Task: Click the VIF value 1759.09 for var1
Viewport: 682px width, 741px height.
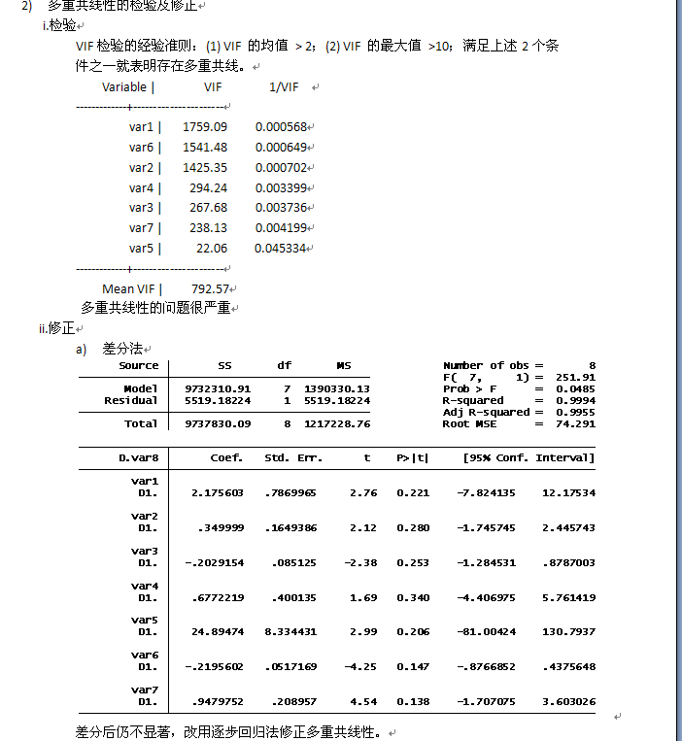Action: [x=204, y=127]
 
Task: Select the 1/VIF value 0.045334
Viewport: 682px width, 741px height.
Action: [x=281, y=249]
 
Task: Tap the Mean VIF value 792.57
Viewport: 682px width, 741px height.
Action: [x=210, y=288]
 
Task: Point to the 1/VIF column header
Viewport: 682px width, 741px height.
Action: [x=284, y=87]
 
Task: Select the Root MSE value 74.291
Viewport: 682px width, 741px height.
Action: [x=576, y=423]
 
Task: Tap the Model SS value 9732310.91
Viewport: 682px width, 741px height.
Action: [x=218, y=388]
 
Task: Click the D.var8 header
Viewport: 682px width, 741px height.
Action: [x=139, y=457]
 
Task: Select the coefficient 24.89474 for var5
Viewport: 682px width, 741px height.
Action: [x=218, y=631]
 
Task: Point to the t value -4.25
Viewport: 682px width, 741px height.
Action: [x=363, y=666]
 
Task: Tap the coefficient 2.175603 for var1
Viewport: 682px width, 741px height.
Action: [x=218, y=492]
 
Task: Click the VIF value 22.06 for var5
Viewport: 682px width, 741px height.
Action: [x=211, y=249]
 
